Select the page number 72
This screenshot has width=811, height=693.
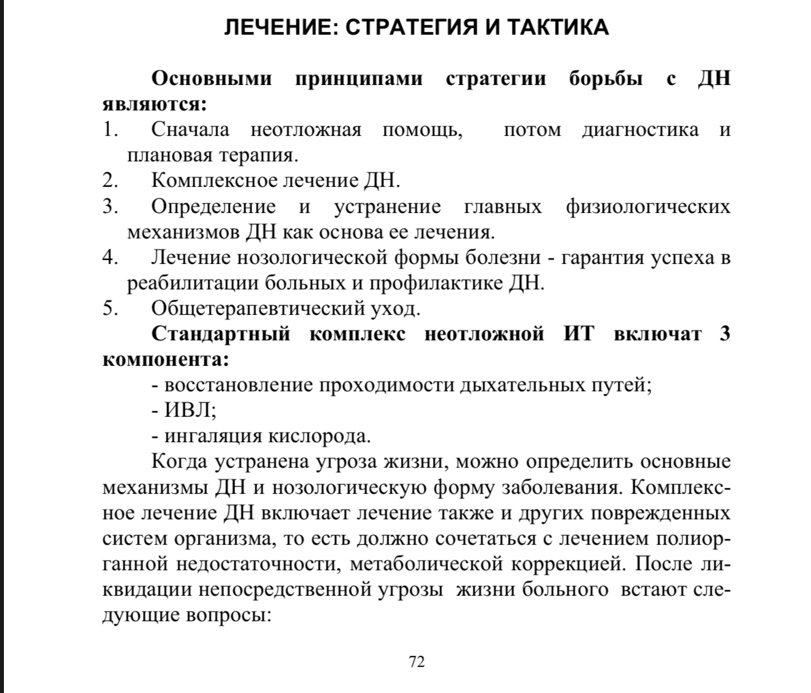[417, 662]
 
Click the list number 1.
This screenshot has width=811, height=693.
[110, 129]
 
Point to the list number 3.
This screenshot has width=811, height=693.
[110, 206]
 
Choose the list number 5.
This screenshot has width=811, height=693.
[110, 308]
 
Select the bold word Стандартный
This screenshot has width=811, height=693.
[221, 334]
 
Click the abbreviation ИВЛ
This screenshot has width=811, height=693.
[189, 410]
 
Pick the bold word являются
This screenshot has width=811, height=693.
[153, 104]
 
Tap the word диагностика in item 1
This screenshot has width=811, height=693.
[640, 129]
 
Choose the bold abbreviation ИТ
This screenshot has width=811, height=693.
[579, 334]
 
